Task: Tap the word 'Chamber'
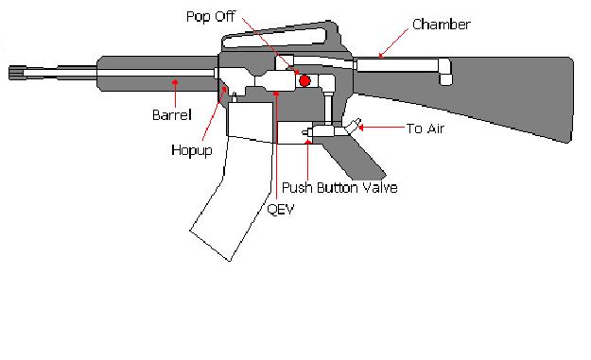(x=442, y=24)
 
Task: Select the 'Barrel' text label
(x=172, y=115)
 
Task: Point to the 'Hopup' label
(x=192, y=149)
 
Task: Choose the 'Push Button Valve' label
(x=339, y=188)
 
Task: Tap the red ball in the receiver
(x=304, y=81)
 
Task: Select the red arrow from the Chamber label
(x=392, y=43)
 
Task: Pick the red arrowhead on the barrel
(x=173, y=83)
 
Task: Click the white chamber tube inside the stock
(x=397, y=65)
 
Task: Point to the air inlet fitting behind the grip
(x=352, y=127)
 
